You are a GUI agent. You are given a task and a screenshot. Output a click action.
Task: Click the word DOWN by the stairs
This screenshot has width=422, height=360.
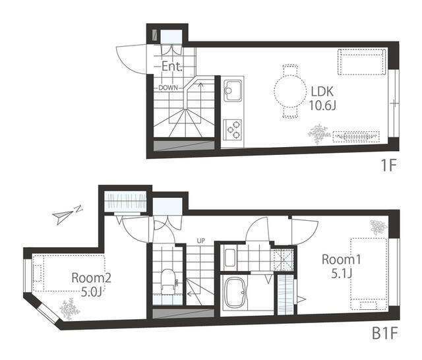pos(167,87)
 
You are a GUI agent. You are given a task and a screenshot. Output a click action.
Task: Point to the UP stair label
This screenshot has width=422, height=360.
pos(200,240)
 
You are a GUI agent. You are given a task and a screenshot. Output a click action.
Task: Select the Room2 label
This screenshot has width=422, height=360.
pos(91,278)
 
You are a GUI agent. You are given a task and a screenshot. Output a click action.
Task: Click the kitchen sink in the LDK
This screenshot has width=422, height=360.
pos(233,90)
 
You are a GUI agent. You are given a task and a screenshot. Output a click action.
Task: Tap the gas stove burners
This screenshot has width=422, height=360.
pos(233,129)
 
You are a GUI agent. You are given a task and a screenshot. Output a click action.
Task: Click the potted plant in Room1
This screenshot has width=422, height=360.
pos(377,227)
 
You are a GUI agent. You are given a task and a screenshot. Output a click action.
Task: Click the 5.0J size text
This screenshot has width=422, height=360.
pos(92,290)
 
